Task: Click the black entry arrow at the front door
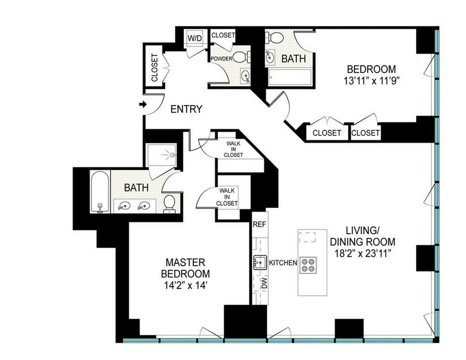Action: (143, 104)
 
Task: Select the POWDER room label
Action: (221, 59)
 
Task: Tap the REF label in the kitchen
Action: (259, 224)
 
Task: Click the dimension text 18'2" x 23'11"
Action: (362, 253)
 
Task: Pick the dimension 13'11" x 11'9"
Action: (371, 81)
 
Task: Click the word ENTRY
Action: (187, 109)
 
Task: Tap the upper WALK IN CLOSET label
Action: (235, 149)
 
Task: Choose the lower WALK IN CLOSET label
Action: (227, 197)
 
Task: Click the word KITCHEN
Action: (283, 263)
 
